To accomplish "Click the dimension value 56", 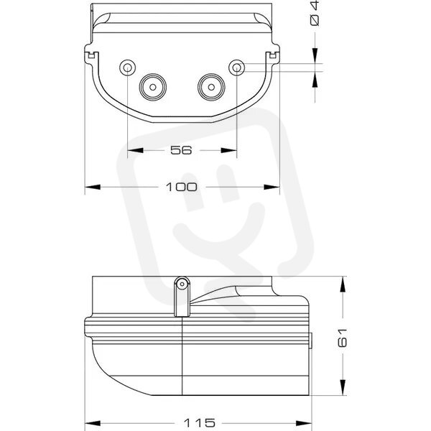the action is point(181,150).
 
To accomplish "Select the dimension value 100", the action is point(182,187).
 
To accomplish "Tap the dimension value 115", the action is point(199,422).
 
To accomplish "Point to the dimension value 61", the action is point(343,338).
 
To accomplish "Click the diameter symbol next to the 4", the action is point(315,20).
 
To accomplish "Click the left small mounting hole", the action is point(128,68).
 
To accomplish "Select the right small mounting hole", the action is point(237,68).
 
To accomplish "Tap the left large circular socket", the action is point(153,87).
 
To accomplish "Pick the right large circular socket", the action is point(211,87).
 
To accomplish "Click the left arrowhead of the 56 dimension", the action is point(136,150).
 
